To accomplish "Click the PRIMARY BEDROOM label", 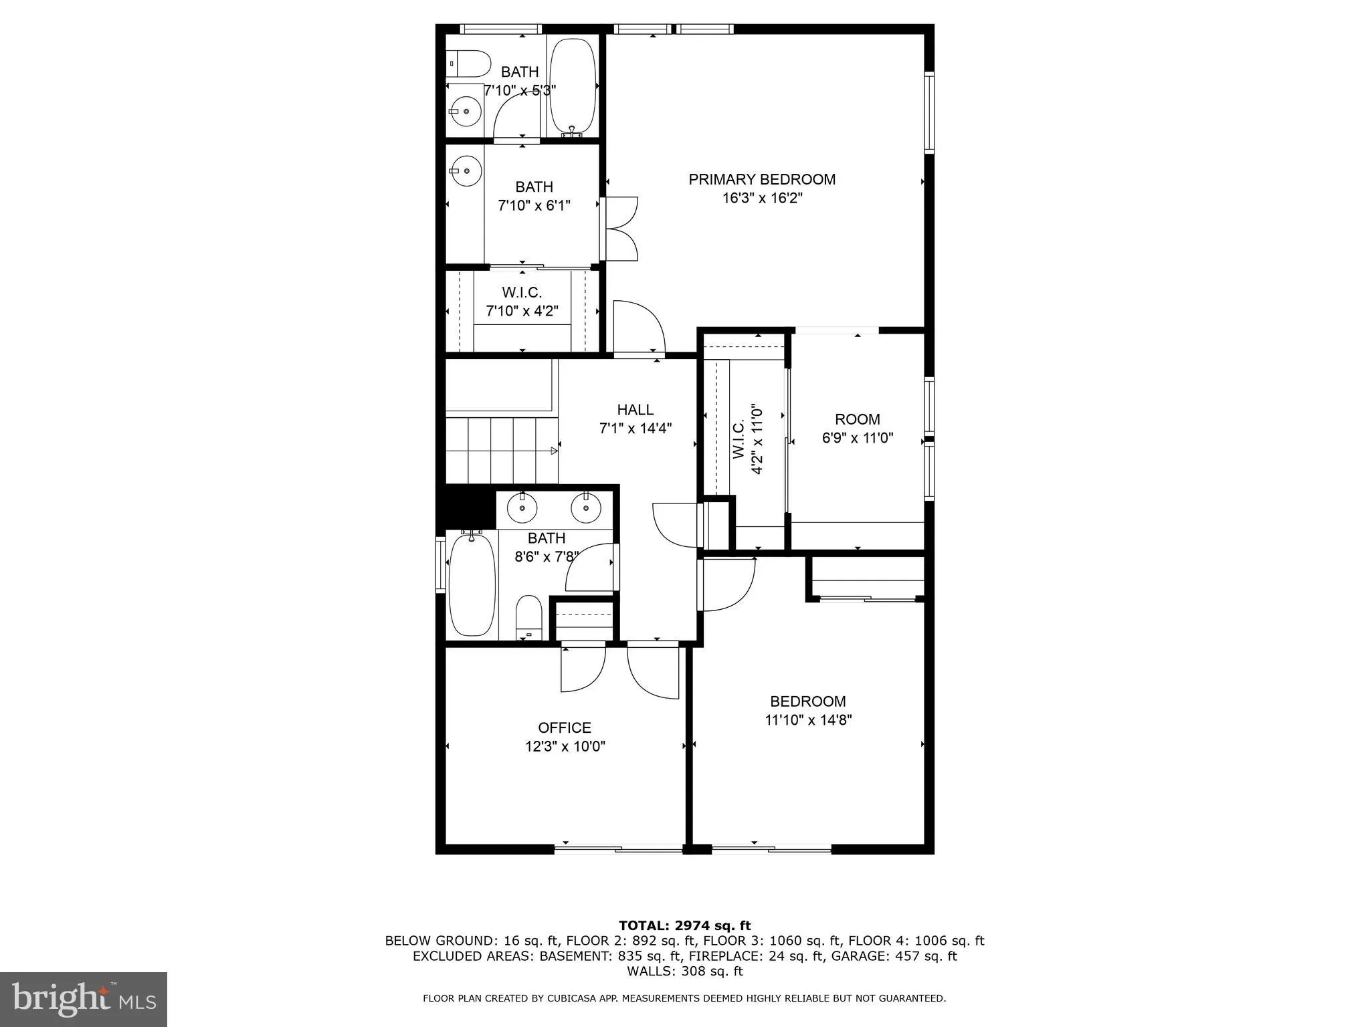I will click(x=761, y=179).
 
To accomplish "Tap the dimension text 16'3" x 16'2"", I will click(x=761, y=199).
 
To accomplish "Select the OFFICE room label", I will click(x=565, y=727).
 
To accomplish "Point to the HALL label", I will click(x=635, y=409).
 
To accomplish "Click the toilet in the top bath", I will click(x=461, y=65).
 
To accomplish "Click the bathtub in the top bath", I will click(x=572, y=86).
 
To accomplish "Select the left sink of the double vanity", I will click(x=522, y=508).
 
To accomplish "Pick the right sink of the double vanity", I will click(x=585, y=508).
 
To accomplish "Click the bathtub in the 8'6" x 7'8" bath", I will click(x=472, y=584).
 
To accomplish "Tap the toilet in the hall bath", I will click(x=528, y=616).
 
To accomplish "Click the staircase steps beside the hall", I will click(x=502, y=449).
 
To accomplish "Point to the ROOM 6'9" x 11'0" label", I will click(x=857, y=429).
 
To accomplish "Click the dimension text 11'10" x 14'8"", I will click(x=808, y=720).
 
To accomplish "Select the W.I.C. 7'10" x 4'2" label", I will click(x=522, y=302).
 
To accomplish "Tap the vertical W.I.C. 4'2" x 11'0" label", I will click(x=747, y=439).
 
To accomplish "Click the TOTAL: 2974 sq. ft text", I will click(x=684, y=925).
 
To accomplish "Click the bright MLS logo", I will click(x=84, y=1000).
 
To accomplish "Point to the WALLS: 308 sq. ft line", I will click(x=684, y=971).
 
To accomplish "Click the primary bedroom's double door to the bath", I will click(x=621, y=229).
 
